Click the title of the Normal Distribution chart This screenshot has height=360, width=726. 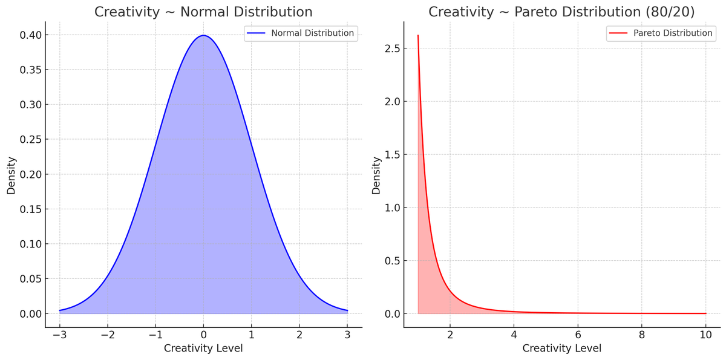click(x=203, y=12)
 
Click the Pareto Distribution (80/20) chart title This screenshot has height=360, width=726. click(x=561, y=12)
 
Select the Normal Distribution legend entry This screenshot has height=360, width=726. click(x=301, y=33)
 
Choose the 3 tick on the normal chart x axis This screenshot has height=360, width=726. click(x=347, y=335)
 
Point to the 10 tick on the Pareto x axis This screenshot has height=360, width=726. click(x=705, y=335)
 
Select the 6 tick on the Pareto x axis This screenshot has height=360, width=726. click(x=578, y=335)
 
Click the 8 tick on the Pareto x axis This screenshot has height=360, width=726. click(x=642, y=335)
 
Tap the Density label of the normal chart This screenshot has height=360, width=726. click(x=11, y=175)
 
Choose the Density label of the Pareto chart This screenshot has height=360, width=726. click(x=376, y=175)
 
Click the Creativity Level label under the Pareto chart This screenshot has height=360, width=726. click(x=561, y=349)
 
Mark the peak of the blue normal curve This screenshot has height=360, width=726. click(x=203, y=35)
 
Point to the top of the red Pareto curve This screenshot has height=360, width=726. click(x=418, y=36)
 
